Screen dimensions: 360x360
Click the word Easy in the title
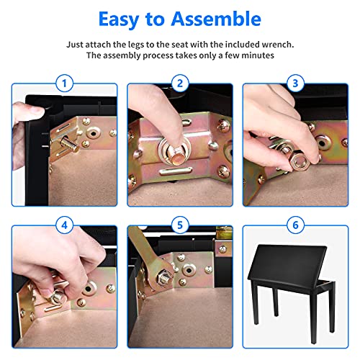pos(119,19)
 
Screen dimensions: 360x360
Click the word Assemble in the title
pos(216,19)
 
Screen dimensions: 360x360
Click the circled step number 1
pos(64,84)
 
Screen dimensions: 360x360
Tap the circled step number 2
pos(180,84)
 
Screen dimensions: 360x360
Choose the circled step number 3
pos(295,84)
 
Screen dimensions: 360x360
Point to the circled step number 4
pos(64,225)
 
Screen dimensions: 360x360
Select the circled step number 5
pos(180,225)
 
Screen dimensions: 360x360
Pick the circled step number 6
pos(295,225)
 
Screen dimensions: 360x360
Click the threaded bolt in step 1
pos(70,144)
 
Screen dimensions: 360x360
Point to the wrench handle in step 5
pos(142,246)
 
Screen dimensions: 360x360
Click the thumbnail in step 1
pos(38,110)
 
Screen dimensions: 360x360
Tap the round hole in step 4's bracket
pos(89,287)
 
